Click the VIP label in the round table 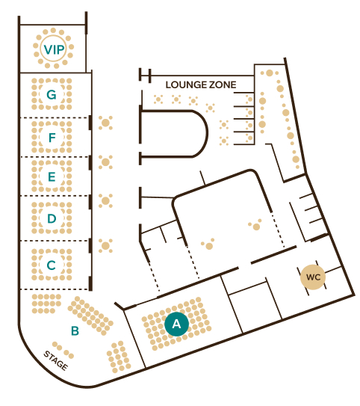[x=54, y=49]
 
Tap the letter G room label [x=52, y=94]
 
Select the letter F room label [x=52, y=138]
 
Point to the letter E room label [x=52, y=176]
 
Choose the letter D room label [x=52, y=218]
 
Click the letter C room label [x=52, y=265]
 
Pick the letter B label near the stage [x=75, y=330]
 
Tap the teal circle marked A [x=176, y=324]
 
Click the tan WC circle [x=313, y=277]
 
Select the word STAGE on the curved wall [x=56, y=360]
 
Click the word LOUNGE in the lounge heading [x=185, y=84]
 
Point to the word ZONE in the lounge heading [x=223, y=84]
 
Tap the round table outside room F [x=105, y=123]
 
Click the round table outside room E [x=105, y=162]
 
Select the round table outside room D [x=105, y=200]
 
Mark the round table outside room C [x=105, y=246]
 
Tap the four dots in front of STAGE [x=63, y=350]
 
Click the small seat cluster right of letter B [x=119, y=357]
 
